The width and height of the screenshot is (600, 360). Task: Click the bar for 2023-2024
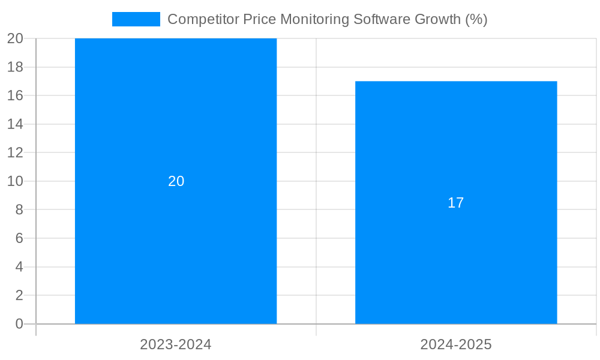click(176, 252)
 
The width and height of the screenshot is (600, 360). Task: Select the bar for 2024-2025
click(456, 264)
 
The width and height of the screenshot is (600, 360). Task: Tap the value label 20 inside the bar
click(176, 181)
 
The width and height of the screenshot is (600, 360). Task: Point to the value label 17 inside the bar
click(456, 203)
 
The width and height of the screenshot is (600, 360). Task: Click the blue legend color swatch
click(136, 19)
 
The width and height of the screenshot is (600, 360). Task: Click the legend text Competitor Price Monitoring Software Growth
click(327, 19)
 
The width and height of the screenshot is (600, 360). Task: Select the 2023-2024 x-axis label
click(176, 344)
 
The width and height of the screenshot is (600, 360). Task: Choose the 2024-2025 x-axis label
click(456, 344)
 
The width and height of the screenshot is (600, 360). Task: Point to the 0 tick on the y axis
click(19, 324)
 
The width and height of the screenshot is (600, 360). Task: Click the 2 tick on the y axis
click(19, 295)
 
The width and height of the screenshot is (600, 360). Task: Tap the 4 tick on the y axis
click(19, 267)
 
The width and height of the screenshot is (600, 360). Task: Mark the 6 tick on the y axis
click(19, 238)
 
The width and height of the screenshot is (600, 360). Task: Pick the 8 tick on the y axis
click(19, 210)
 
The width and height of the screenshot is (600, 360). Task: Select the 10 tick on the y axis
click(16, 181)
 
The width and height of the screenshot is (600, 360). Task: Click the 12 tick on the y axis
click(16, 152)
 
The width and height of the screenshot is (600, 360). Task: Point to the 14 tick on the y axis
click(16, 124)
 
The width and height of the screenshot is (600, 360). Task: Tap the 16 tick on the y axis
click(16, 95)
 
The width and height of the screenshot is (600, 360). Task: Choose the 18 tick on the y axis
click(16, 67)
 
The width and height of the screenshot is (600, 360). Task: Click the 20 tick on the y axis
click(16, 38)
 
